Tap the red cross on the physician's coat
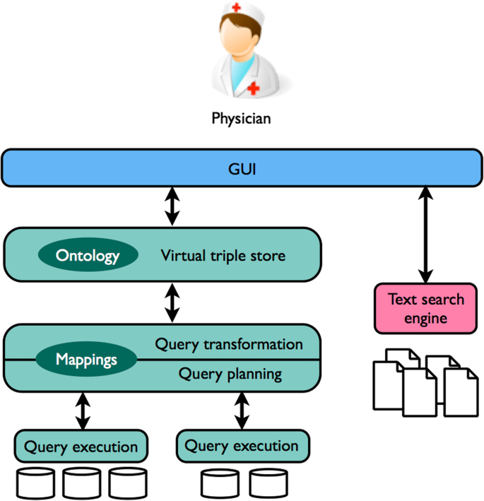click(x=254, y=88)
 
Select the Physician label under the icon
click(x=241, y=118)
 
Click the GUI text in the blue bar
click(x=242, y=170)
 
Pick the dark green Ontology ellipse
click(x=88, y=255)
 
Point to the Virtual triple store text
click(x=223, y=255)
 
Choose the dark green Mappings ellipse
click(x=86, y=360)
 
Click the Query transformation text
click(x=229, y=344)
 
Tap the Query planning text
click(x=230, y=373)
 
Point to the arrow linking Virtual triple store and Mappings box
click(x=171, y=303)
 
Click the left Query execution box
click(x=81, y=447)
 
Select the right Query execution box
click(x=242, y=446)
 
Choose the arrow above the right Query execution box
click(x=242, y=411)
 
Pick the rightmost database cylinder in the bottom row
click(x=268, y=483)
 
